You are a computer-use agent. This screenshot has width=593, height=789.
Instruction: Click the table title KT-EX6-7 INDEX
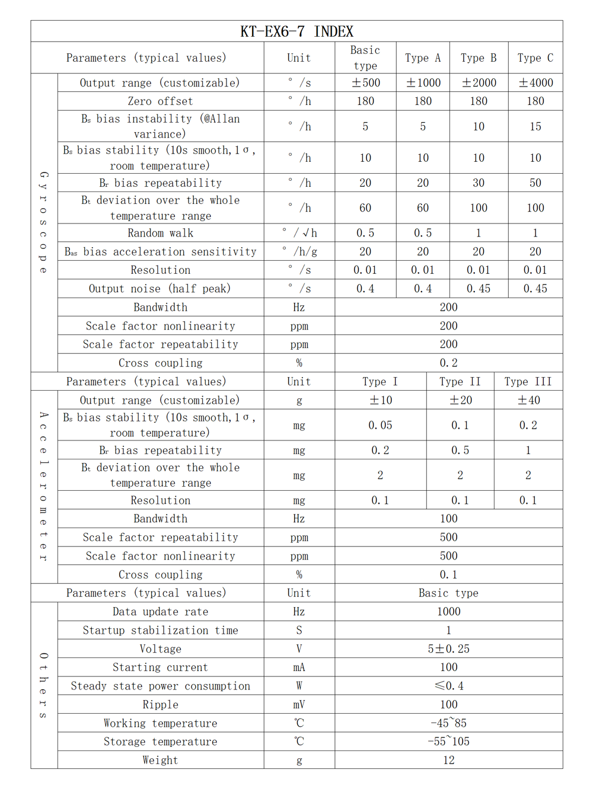point(296,31)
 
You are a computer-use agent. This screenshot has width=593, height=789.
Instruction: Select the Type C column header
point(535,58)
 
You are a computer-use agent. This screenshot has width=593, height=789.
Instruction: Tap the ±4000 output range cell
point(535,83)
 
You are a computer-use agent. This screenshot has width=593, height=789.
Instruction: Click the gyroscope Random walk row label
point(160,233)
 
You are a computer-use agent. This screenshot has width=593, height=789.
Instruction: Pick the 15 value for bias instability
point(535,126)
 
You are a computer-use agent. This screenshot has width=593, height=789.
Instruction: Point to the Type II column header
point(460,382)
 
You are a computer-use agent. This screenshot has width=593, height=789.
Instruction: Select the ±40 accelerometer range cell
point(528,400)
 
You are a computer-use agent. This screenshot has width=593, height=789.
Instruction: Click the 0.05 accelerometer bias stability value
point(380,425)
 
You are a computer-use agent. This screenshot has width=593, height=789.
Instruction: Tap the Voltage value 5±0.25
point(448,649)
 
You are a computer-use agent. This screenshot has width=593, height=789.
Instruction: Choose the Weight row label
point(160,760)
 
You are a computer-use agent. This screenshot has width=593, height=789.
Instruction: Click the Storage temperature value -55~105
point(448,742)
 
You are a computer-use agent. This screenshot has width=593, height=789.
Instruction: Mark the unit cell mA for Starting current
point(299,667)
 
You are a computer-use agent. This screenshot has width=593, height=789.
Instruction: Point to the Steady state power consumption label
point(160,686)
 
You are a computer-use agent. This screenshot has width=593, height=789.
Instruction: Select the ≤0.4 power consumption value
point(448,686)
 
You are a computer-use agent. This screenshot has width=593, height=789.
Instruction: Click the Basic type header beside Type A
point(365,58)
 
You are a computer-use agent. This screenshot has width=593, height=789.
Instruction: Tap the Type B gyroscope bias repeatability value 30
point(479,183)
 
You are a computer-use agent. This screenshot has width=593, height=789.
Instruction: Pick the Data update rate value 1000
point(448,612)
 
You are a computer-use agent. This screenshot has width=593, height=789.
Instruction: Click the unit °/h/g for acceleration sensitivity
point(299,251)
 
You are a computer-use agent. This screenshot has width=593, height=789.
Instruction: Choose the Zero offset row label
point(160,101)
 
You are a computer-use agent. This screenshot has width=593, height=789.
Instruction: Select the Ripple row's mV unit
point(299,705)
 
